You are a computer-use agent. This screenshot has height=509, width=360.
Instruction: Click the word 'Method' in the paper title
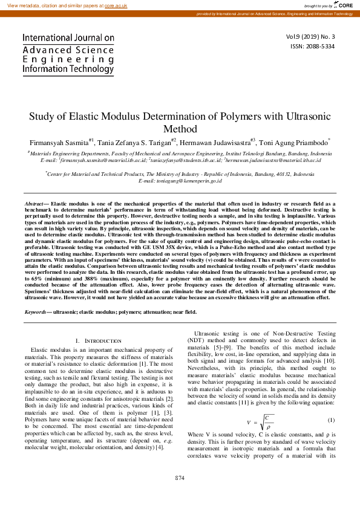coord(180,128)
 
